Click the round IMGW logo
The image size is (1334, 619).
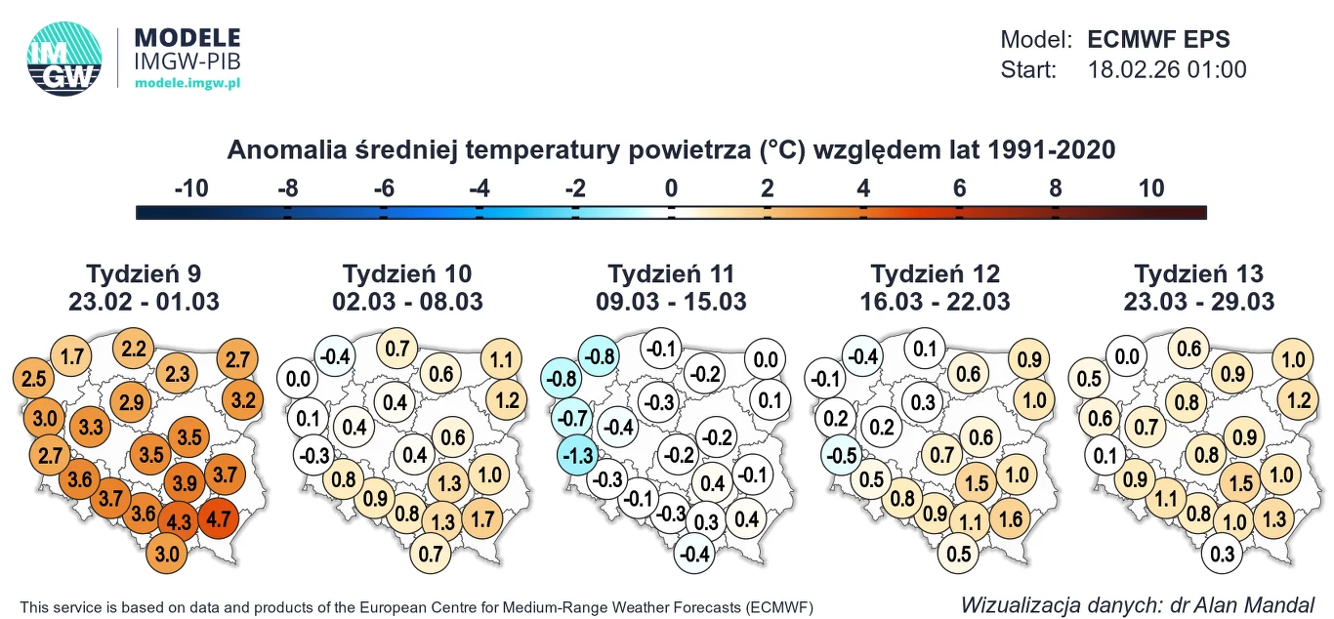click(x=64, y=59)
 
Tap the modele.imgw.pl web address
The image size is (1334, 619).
click(x=188, y=84)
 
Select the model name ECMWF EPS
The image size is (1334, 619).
click(x=1158, y=40)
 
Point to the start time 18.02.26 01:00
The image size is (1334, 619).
click(x=1167, y=70)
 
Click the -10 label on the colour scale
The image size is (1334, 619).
click(x=191, y=188)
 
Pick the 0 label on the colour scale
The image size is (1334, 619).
click(x=671, y=188)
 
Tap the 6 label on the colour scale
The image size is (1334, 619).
click(x=959, y=188)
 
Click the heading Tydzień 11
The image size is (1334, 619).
click(x=671, y=273)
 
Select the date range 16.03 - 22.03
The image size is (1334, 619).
click(x=936, y=302)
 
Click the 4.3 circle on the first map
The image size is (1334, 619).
click(x=180, y=521)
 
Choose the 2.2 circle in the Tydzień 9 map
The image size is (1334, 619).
click(x=134, y=349)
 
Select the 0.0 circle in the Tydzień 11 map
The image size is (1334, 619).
click(x=767, y=360)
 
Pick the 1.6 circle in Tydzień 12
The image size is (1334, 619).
click(x=1012, y=518)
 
